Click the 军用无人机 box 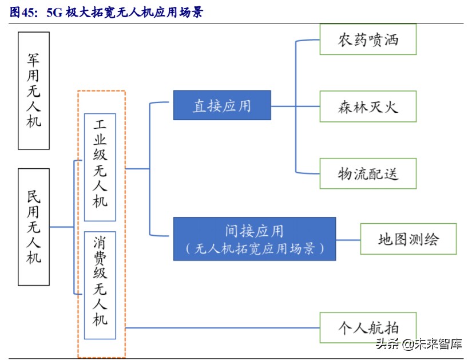[x=34, y=90]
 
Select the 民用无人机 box [x=34, y=227]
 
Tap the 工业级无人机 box [x=100, y=167]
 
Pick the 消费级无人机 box [x=100, y=284]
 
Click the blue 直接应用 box [x=222, y=105]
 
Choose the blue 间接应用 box [x=255, y=239]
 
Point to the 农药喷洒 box [x=368, y=39]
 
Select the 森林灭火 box [x=368, y=106]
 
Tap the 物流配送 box [x=368, y=173]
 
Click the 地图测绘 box [x=408, y=239]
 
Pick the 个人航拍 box [x=368, y=328]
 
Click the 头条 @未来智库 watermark [x=418, y=344]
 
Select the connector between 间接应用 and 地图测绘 [x=348, y=239]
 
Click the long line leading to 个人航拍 [x=223, y=328]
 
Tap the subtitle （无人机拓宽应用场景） [x=255, y=248]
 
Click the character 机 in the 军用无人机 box [x=34, y=121]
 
